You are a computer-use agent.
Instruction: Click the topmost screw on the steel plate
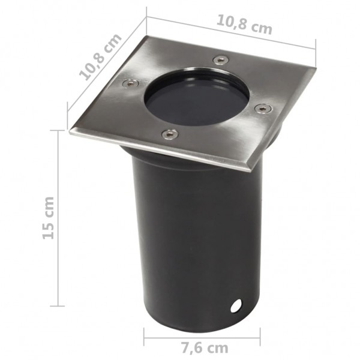(x=220, y=59)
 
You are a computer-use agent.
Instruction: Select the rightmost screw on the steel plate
(x=262, y=109)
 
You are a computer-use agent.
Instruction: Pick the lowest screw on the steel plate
(x=170, y=134)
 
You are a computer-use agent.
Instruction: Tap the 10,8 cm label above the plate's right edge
(x=244, y=25)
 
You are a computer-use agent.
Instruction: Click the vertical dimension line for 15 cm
(x=58, y=218)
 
